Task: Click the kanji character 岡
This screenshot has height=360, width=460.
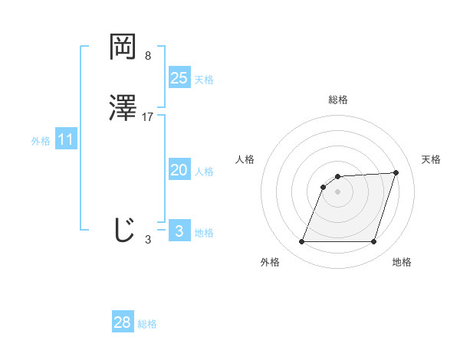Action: coord(123,48)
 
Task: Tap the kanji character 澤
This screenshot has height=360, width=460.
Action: coord(123,110)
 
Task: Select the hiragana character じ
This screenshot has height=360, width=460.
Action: coord(123,230)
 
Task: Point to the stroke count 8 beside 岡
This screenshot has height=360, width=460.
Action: coord(147,56)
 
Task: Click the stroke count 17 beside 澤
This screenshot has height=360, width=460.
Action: coord(148,117)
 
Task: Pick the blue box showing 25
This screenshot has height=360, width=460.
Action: coord(179,78)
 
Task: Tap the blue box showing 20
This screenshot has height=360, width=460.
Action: coord(179,171)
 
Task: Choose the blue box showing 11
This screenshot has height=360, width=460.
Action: coord(66,140)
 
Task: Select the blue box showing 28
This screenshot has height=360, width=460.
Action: coord(123,322)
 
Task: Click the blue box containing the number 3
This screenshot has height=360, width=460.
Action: coord(179,231)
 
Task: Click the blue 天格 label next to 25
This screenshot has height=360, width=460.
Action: coord(204,80)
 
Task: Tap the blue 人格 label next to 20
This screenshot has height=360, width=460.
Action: coord(204,172)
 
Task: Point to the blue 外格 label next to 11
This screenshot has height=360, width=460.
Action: coord(41,141)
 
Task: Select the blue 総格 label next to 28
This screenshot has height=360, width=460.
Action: coord(147,324)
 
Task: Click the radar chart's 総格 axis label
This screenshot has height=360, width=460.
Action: coord(338,100)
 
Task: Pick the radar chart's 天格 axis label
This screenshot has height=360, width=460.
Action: coord(431,159)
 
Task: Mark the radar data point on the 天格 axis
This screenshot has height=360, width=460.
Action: coord(396,172)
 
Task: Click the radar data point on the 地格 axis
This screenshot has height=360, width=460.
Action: coord(374,242)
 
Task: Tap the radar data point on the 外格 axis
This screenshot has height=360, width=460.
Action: coord(302,242)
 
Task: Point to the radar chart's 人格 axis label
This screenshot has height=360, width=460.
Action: coord(245,159)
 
